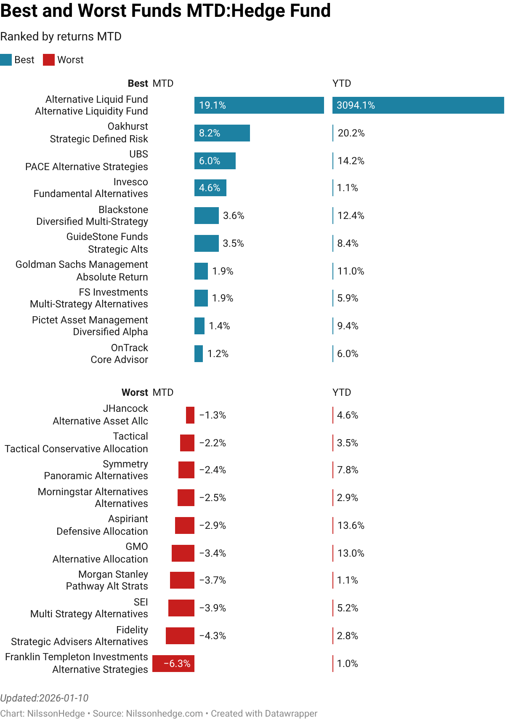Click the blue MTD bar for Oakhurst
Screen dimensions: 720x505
click(x=222, y=133)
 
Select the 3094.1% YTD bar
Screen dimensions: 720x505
click(x=418, y=105)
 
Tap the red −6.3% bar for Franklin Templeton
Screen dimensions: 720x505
click(x=173, y=664)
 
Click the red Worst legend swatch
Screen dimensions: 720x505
click(x=49, y=60)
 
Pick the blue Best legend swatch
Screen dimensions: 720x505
click(x=6, y=60)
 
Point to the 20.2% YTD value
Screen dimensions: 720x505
click(x=351, y=133)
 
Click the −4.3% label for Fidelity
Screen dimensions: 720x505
click(x=213, y=636)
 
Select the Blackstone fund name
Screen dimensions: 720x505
click(x=123, y=210)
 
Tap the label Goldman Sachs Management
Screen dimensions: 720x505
click(x=82, y=264)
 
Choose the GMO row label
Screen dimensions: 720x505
click(x=137, y=547)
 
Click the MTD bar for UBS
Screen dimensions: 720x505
click(x=215, y=161)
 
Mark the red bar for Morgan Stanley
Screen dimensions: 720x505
click(x=182, y=580)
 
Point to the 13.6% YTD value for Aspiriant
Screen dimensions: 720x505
click(x=351, y=525)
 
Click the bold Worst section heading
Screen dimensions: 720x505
click(x=135, y=392)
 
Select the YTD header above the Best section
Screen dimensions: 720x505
click(x=342, y=83)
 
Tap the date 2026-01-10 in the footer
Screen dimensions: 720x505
click(x=64, y=698)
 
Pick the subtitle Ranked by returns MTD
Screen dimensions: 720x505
click(x=61, y=37)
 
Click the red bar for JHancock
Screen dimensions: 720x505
click(x=190, y=415)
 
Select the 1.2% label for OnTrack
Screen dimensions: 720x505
click(x=218, y=354)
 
